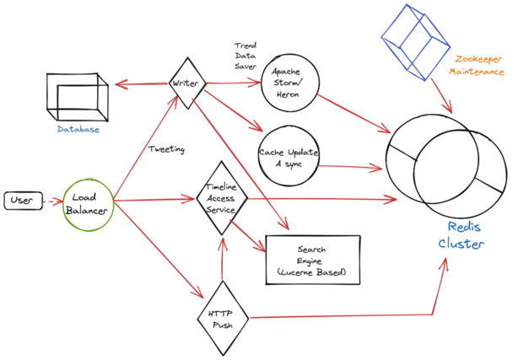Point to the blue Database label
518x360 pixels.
click(x=78, y=130)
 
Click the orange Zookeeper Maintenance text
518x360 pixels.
click(x=478, y=67)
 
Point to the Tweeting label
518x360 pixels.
click(x=166, y=149)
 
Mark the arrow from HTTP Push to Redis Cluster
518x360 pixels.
click(x=354, y=315)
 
